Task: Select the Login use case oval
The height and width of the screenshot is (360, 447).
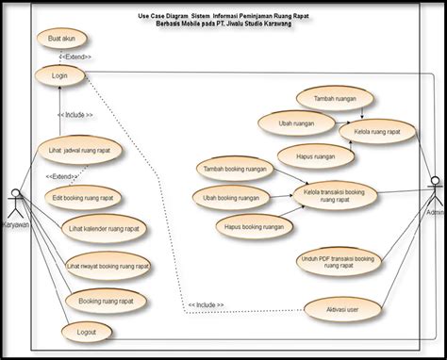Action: (58, 74)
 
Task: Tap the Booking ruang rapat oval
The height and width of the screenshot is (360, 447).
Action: (103, 301)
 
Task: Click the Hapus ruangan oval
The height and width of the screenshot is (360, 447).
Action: (315, 156)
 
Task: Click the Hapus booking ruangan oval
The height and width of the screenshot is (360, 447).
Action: (254, 226)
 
